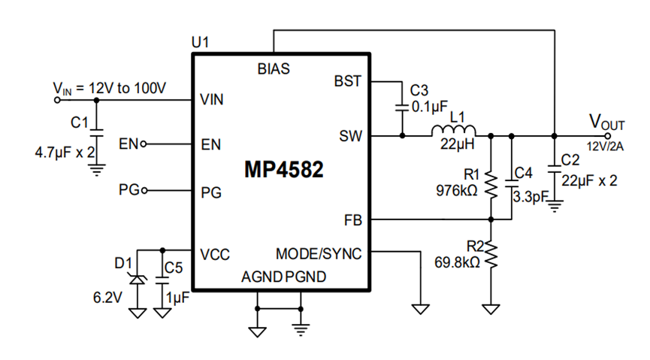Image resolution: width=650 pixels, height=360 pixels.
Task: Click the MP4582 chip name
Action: pos(283,169)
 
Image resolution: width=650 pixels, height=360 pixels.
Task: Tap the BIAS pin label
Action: pos(274,69)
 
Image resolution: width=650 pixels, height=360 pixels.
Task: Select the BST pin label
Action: pos(347,81)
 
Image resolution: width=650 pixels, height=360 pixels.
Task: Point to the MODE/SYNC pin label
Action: pos(319,254)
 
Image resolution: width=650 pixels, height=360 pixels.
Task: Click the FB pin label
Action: pos(352,220)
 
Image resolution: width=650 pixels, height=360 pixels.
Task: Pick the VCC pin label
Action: pos(214,254)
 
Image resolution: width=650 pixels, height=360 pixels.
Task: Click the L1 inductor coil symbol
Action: pos(454,130)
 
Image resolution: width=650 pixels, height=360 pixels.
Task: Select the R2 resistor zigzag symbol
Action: pos(491,255)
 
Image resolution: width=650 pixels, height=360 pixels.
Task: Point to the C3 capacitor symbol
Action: pos(402,107)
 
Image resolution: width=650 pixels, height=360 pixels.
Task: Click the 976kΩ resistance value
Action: pos(457,191)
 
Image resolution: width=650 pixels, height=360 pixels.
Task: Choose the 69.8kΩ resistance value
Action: pos(457,262)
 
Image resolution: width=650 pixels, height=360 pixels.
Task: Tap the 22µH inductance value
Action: pos(457,144)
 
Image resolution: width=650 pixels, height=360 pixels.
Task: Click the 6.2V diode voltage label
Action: pos(107,298)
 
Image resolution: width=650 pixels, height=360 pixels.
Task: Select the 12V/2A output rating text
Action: pos(605,147)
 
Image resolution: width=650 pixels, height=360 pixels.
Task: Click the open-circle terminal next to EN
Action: pos(144,144)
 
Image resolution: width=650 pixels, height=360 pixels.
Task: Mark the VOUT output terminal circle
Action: pos(607,135)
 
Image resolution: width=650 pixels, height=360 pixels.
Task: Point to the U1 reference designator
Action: pos(200,42)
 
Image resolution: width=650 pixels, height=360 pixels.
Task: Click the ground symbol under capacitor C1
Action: pos(97,170)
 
